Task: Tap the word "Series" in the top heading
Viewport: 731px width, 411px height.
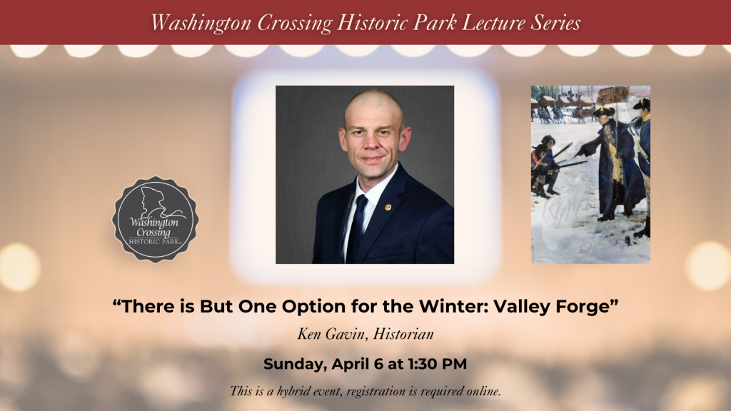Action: pyautogui.click(x=555, y=22)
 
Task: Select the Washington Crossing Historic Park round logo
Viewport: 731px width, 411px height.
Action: pyautogui.click(x=155, y=219)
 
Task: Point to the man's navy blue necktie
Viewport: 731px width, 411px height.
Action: pyautogui.click(x=357, y=228)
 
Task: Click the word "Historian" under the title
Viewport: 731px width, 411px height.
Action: pyautogui.click(x=403, y=334)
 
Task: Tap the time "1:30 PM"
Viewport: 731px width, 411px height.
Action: pyautogui.click(x=438, y=364)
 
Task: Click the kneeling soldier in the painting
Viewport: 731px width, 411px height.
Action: pyautogui.click(x=545, y=165)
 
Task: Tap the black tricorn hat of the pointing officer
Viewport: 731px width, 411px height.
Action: pyautogui.click(x=604, y=111)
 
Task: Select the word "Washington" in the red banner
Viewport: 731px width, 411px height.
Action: pyautogui.click(x=201, y=23)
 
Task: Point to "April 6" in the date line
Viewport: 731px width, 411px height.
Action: pyautogui.click(x=358, y=365)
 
